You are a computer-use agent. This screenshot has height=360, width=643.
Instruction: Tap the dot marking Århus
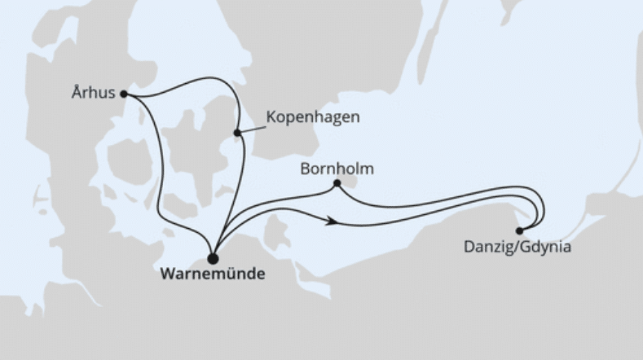click(124, 94)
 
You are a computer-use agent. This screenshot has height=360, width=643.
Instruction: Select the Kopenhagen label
click(313, 118)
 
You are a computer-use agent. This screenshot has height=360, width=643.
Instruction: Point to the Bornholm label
click(337, 169)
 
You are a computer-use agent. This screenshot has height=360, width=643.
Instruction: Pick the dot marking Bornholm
click(337, 184)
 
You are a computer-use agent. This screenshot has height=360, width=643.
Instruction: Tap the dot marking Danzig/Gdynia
click(519, 230)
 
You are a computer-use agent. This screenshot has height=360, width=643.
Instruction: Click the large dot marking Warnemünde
click(214, 258)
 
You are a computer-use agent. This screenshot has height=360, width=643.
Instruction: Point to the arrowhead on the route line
click(332, 220)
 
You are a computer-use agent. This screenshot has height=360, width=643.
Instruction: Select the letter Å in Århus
click(76, 93)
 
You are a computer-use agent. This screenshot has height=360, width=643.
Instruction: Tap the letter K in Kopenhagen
click(271, 118)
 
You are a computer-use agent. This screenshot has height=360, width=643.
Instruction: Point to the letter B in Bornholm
click(304, 169)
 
